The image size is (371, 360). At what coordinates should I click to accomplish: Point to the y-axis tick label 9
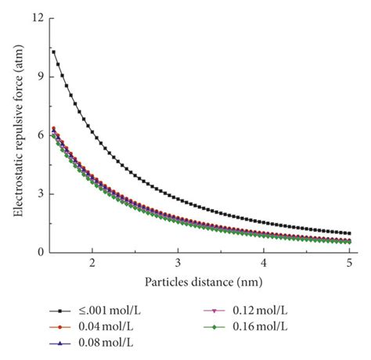tap(39, 76)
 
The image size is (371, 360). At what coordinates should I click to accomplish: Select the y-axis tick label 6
tap(39, 135)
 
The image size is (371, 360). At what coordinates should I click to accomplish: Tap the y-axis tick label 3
tap(39, 193)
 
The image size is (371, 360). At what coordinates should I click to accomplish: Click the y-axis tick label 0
tap(39, 252)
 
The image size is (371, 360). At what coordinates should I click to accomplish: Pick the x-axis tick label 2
tap(92, 265)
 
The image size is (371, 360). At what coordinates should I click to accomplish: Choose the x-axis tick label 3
tap(178, 265)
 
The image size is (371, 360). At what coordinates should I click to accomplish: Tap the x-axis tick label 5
tap(349, 265)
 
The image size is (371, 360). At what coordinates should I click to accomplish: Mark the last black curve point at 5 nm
tap(349, 233)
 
